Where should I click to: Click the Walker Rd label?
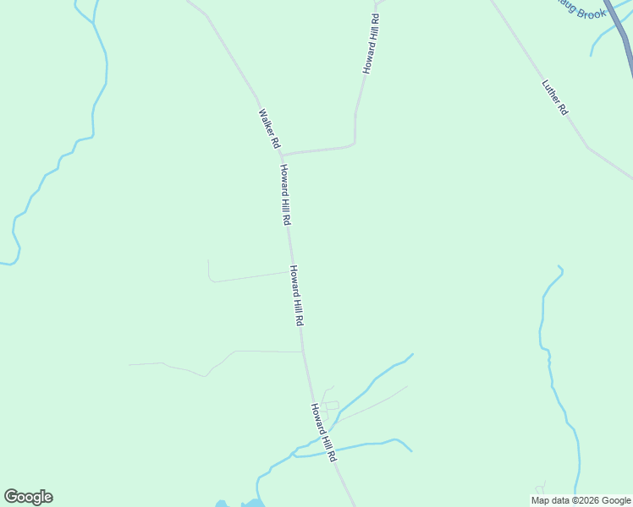point(269,128)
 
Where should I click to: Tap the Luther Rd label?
point(555,97)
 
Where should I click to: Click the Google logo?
point(28,497)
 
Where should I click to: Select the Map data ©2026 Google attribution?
point(581,500)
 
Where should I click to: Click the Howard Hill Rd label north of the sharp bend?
point(371,43)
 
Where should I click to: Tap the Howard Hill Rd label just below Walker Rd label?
point(286,194)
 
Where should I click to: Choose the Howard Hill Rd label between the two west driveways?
point(297,297)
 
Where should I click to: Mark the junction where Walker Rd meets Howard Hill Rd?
point(282,155)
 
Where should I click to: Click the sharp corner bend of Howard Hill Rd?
point(354,143)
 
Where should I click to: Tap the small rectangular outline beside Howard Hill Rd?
point(332,406)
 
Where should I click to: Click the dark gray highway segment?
point(621,34)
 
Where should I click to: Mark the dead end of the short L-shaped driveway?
point(208,260)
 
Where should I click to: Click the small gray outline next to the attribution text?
point(539,488)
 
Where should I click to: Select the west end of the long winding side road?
point(129,364)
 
